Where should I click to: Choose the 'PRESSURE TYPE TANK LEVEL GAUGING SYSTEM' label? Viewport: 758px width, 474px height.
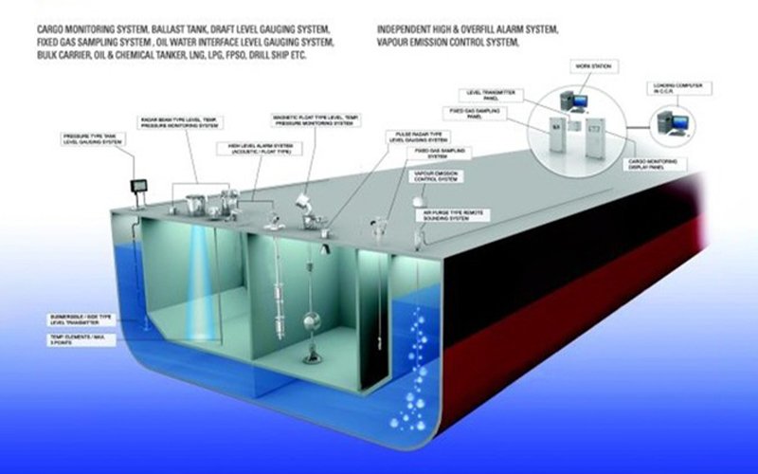(89, 138)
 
